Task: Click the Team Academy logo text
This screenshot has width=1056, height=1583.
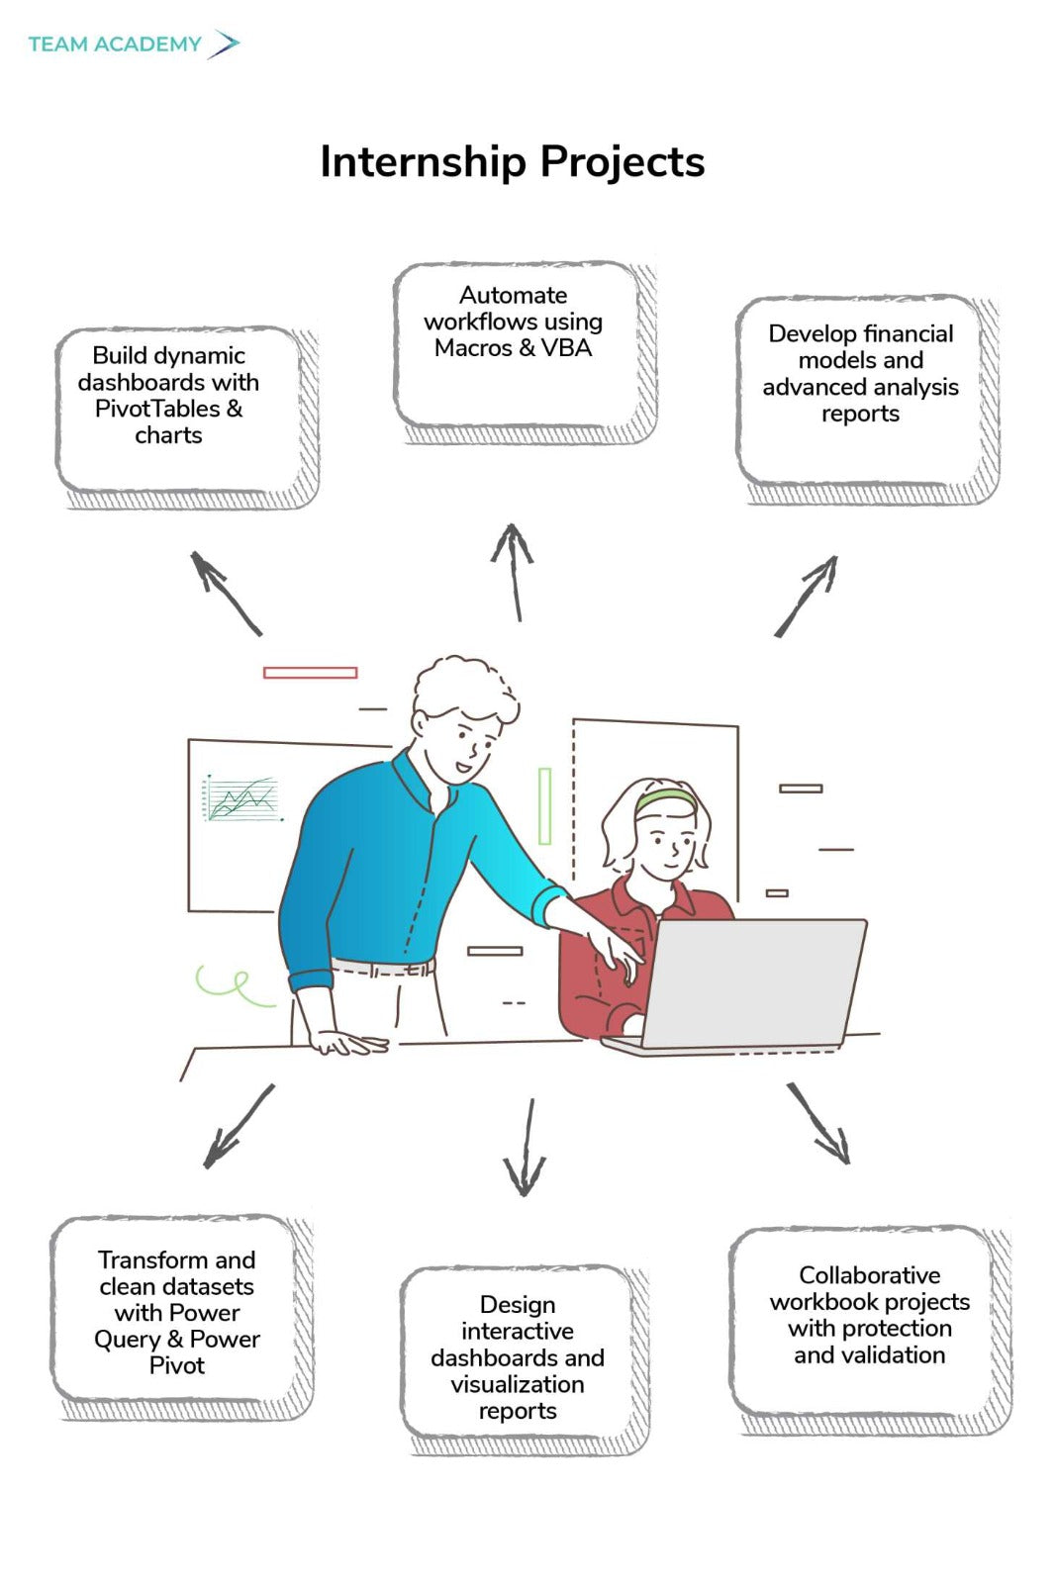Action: (115, 45)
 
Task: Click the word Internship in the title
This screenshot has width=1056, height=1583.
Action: (423, 162)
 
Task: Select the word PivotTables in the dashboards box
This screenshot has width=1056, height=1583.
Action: (157, 409)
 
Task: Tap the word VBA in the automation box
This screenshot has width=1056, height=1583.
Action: (566, 348)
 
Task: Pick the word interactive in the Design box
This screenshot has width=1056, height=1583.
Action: (517, 1331)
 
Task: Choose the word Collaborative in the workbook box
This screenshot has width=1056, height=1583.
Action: (869, 1274)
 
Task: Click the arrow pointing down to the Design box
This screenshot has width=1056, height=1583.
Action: (526, 1148)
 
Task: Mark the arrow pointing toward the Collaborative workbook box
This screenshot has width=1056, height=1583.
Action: (818, 1123)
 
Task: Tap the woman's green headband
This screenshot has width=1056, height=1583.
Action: (665, 798)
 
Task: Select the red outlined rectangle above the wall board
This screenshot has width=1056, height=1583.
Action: (310, 673)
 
